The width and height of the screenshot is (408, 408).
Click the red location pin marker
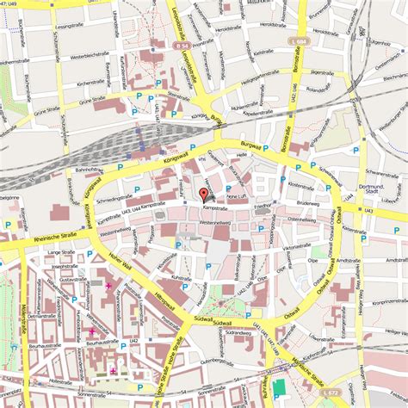[203, 194]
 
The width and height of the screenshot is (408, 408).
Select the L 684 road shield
[300, 41]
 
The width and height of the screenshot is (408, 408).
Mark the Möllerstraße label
[23, 310]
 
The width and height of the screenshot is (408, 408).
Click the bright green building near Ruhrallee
[280, 390]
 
